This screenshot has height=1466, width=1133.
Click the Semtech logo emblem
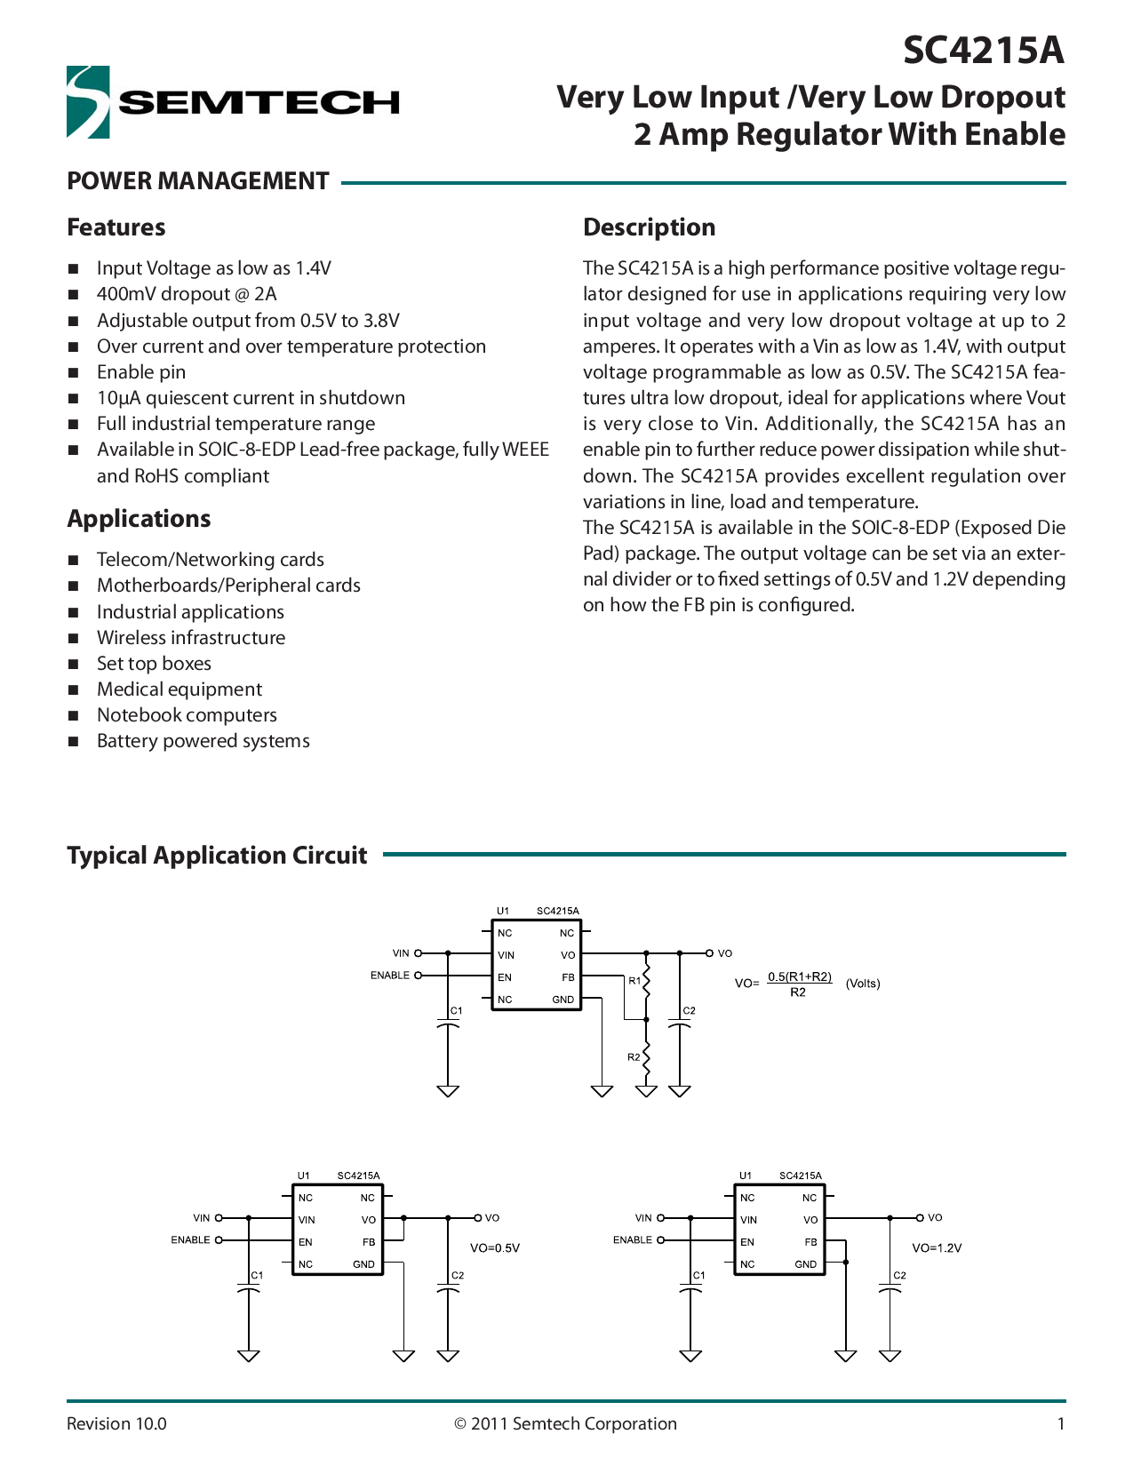coord(88,102)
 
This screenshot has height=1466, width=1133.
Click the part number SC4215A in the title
coord(983,51)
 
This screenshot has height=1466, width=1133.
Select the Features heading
coord(116,227)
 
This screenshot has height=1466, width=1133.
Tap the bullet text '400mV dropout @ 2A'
coord(187,294)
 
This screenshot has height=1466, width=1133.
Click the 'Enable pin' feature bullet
coord(141,372)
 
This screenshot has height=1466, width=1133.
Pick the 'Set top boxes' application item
coord(154,664)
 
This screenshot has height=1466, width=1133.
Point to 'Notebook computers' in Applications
coord(187,715)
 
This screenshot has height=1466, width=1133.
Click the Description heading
coord(649,227)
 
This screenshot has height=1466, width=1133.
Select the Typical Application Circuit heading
coord(217,856)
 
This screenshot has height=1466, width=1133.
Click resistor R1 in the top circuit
coord(646,982)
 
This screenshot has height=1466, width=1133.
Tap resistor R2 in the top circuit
coord(646,1057)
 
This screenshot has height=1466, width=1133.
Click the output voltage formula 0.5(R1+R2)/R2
coord(799,984)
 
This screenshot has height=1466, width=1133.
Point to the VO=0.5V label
coord(495,1247)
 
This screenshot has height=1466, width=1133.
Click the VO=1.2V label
coord(937,1247)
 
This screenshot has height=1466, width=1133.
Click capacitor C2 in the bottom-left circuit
coord(449,1288)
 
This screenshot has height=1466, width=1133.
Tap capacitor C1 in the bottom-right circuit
coord(690,1288)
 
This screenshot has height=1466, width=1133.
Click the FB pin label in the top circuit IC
coord(568,977)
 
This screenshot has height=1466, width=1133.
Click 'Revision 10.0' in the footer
coord(116,1423)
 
